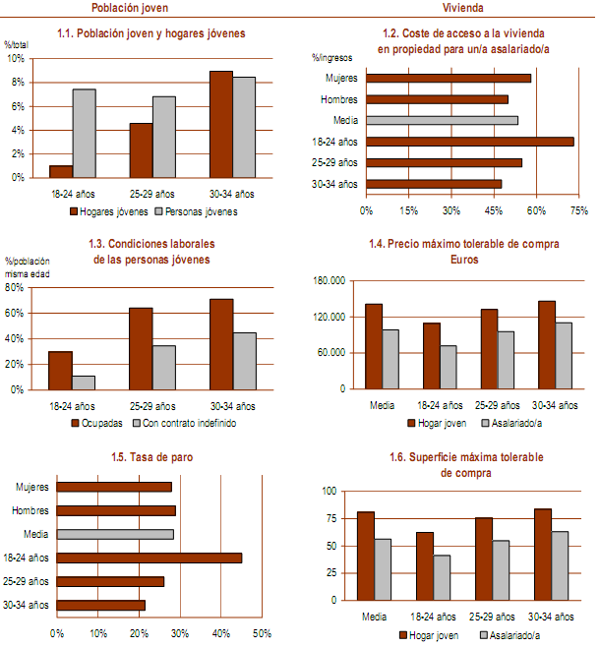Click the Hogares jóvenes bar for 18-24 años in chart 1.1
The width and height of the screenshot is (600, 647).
click(x=61, y=171)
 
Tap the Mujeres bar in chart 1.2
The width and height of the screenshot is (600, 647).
click(x=449, y=79)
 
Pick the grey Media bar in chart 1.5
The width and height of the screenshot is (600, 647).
click(x=115, y=534)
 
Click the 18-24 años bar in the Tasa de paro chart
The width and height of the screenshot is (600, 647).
click(x=149, y=558)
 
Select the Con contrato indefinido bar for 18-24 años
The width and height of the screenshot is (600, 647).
click(x=84, y=382)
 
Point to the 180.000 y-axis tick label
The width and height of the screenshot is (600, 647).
click(x=329, y=281)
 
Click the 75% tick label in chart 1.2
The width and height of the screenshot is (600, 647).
click(x=579, y=210)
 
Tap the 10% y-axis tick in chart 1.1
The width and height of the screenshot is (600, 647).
click(x=16, y=58)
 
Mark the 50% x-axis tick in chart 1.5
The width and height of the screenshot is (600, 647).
click(x=262, y=632)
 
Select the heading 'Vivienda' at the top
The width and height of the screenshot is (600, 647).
click(x=461, y=7)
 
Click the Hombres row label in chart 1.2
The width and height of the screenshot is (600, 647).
click(x=339, y=99)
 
